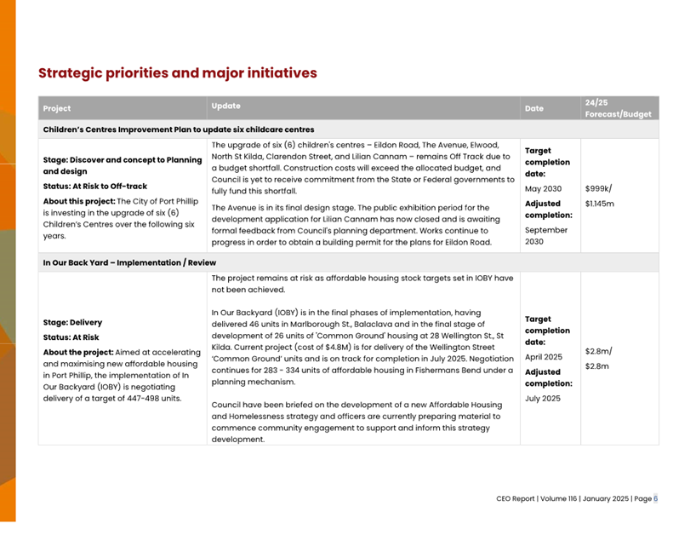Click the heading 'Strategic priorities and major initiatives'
[177, 73]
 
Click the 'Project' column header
[57, 108]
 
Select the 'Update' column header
[225, 106]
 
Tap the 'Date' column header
[533, 108]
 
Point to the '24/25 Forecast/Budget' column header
[618, 108]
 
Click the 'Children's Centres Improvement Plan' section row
[179, 129]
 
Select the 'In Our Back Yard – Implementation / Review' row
[129, 262]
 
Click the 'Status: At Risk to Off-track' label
[95, 187]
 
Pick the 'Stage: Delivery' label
[72, 323]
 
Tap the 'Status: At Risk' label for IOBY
[71, 337]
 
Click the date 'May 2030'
[543, 188]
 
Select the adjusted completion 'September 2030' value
[546, 235]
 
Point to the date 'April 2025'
[544, 357]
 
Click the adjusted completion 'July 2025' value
[543, 398]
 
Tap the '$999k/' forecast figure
[598, 188]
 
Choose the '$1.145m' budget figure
[600, 204]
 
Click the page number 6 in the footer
[655, 498]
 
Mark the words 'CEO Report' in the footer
[516, 498]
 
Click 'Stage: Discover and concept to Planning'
[123, 160]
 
